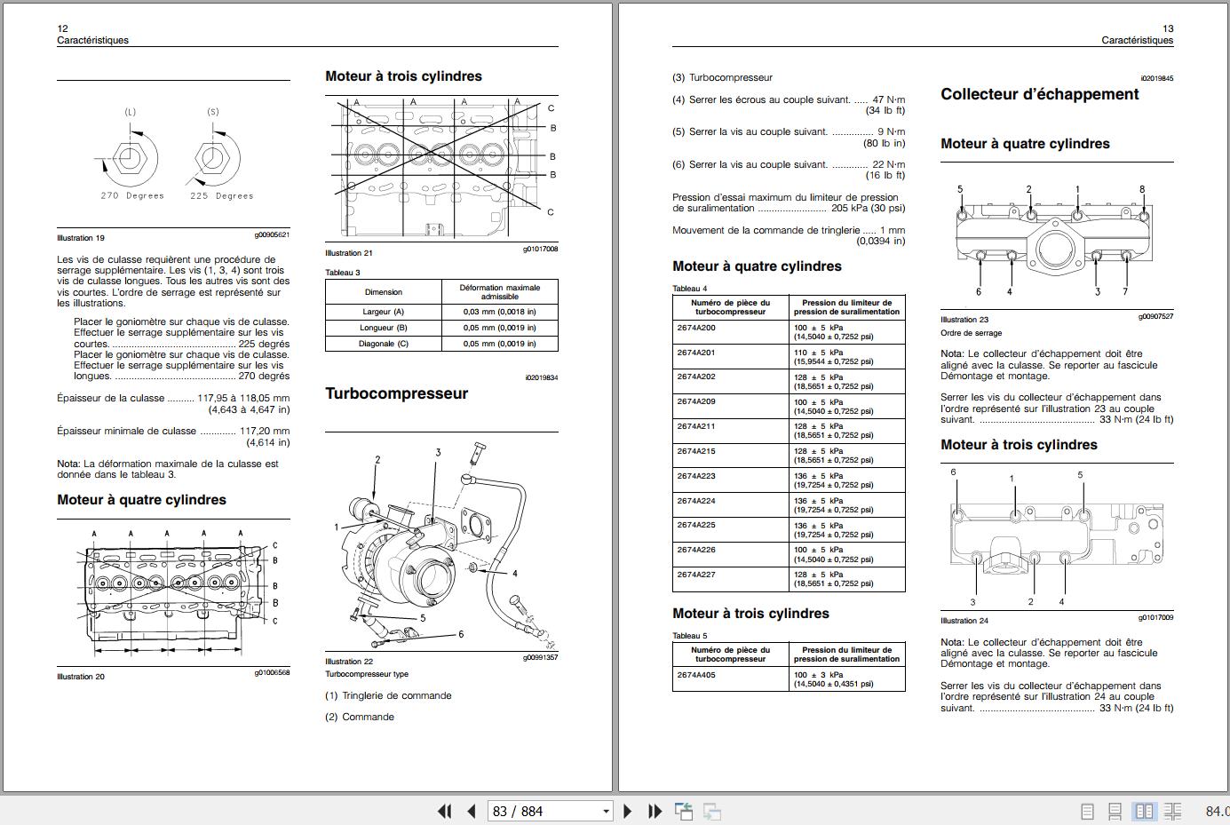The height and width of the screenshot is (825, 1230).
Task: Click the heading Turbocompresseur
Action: pos(396,393)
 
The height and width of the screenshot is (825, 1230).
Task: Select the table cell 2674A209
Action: pos(696,401)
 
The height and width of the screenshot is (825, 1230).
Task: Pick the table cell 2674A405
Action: pos(696,674)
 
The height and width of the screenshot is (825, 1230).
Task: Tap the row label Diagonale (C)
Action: pos(384,344)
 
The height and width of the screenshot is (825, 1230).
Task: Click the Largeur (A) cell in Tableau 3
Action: pos(384,312)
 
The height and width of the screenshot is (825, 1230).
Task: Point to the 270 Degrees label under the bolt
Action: pos(132,195)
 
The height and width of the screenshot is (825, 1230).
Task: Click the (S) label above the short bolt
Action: pos(213,112)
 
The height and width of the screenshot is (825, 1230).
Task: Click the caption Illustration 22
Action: pos(349,662)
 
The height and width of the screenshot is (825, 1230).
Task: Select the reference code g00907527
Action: pos(1155,316)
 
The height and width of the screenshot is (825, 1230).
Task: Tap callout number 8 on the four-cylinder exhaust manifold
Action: pos(1142,189)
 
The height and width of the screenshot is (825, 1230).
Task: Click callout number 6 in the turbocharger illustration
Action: pos(461,634)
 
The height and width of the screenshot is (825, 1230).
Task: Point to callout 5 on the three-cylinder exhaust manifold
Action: pos(1080,475)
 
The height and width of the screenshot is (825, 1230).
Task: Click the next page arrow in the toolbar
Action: pos(628,811)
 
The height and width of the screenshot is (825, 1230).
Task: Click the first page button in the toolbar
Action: pos(445,811)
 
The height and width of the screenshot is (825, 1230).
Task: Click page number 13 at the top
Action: pos(1168,28)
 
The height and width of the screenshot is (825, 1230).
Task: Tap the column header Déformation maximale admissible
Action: pos(500,291)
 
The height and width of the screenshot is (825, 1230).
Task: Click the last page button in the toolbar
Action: pos(655,811)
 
